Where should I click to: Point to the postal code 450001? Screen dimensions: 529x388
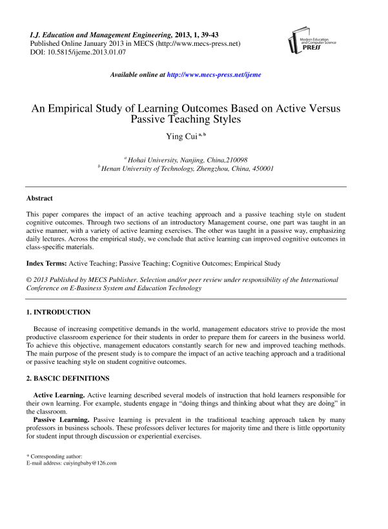[263, 168]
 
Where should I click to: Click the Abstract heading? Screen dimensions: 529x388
[39, 198]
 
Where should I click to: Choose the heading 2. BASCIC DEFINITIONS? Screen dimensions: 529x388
[68, 377]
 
